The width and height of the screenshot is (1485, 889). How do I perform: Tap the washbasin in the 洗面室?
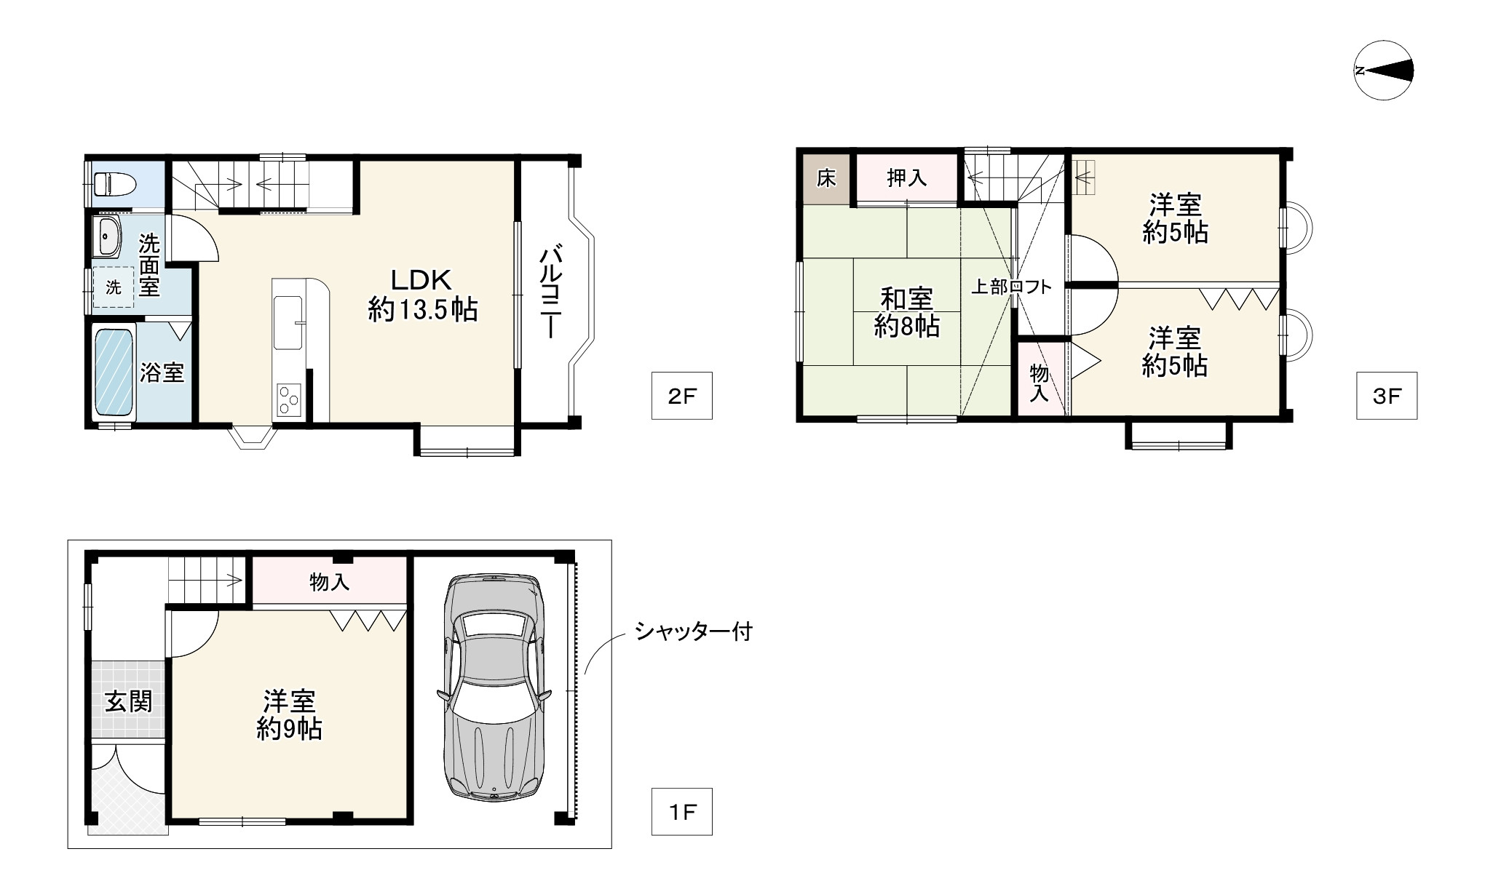(x=107, y=237)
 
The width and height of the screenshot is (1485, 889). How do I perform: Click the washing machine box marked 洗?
(x=114, y=287)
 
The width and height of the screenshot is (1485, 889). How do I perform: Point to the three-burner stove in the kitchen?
(x=289, y=399)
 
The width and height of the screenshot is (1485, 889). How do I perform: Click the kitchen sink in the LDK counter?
(x=289, y=323)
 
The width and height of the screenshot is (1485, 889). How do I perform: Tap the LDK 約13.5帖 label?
(x=423, y=295)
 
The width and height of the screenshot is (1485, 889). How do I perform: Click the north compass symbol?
(x=1384, y=71)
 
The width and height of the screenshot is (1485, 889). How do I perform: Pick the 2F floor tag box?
(x=681, y=396)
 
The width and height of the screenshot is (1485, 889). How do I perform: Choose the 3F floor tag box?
(x=1387, y=396)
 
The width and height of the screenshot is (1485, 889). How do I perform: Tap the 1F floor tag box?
(x=681, y=811)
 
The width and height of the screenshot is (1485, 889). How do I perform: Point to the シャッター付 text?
(x=694, y=631)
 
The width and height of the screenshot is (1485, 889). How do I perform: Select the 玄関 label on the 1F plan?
(x=129, y=701)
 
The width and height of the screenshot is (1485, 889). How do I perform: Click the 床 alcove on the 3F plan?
(x=826, y=178)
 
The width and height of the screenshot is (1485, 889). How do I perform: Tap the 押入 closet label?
(x=907, y=178)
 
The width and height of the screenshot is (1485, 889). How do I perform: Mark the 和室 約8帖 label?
(x=907, y=312)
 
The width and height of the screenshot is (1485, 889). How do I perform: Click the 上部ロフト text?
(x=1012, y=287)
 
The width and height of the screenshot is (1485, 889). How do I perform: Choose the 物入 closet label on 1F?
(x=330, y=581)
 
